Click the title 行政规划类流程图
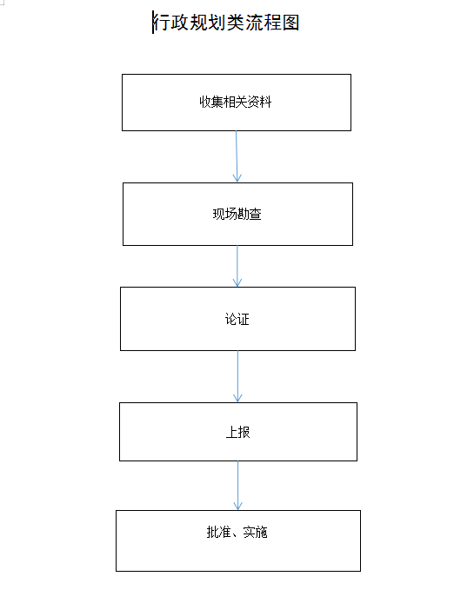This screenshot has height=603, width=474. click(x=226, y=23)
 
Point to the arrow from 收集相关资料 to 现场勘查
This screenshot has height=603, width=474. click(x=237, y=156)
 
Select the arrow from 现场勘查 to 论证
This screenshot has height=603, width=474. click(x=237, y=266)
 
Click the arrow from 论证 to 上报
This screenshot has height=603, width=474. click(x=237, y=376)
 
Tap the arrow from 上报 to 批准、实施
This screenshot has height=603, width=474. click(x=238, y=486)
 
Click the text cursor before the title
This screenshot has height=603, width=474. click(x=153, y=23)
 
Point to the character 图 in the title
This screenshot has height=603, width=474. click(x=290, y=23)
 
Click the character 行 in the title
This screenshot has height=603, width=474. click(x=162, y=23)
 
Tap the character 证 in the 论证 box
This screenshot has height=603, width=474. click(x=244, y=319)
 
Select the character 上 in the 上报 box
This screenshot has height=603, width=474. click(x=231, y=432)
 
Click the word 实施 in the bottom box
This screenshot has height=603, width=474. click(x=255, y=533)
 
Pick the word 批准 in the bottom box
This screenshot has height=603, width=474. click(x=218, y=533)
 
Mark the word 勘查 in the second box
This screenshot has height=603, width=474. click(x=249, y=215)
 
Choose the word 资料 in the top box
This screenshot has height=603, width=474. click(x=259, y=102)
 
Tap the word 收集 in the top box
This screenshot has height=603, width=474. click(x=211, y=102)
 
